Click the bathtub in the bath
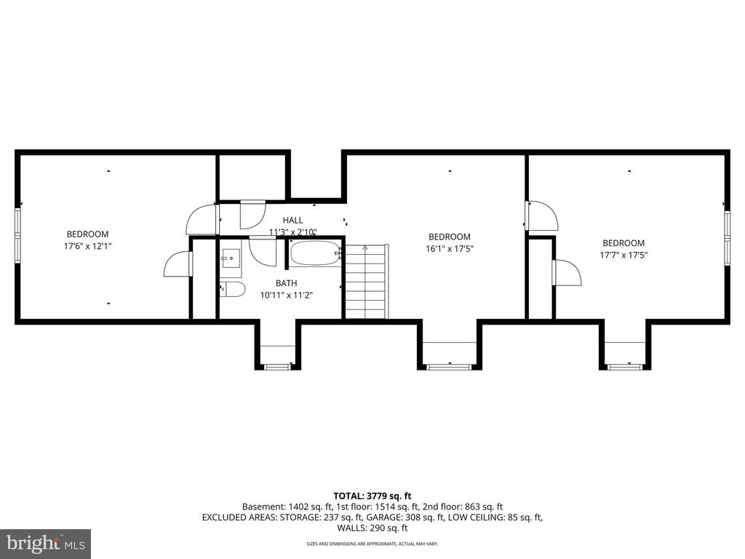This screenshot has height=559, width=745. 315,255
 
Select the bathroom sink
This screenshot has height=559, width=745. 231,257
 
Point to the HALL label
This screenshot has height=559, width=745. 292,220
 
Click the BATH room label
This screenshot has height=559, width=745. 286,283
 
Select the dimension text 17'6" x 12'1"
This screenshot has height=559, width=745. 87,246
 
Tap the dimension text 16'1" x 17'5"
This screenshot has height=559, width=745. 449,249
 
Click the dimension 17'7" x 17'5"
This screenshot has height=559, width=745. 624,255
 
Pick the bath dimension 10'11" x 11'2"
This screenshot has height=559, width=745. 286,296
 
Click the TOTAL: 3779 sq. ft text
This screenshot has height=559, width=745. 372,496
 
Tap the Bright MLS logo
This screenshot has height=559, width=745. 45,543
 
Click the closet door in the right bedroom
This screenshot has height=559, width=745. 567,273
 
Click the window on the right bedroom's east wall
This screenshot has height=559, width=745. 726,237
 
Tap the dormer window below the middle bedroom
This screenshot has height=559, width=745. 449,366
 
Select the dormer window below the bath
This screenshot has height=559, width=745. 276,366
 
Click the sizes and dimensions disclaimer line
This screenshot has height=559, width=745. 372,544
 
